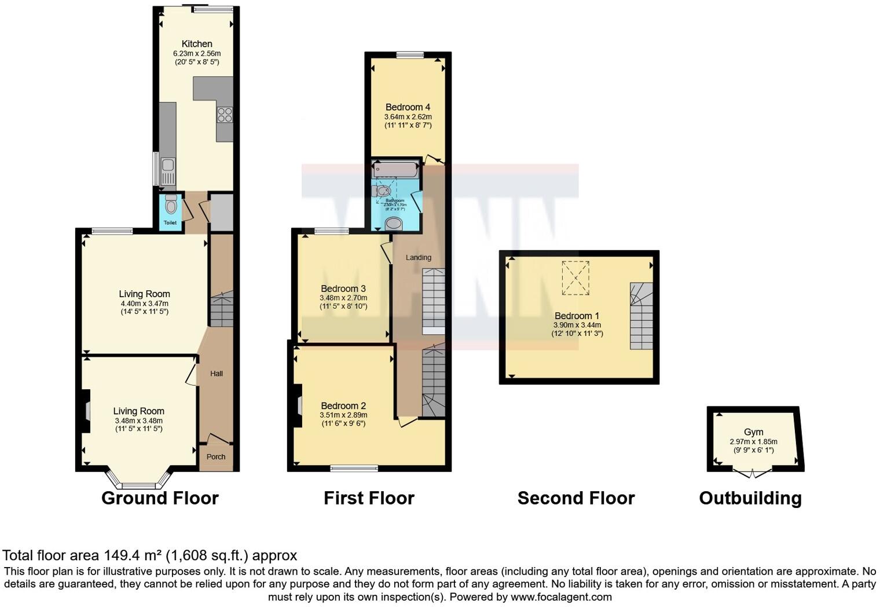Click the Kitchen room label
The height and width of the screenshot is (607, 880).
tap(197, 44)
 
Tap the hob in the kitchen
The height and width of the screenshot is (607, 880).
tap(225, 115)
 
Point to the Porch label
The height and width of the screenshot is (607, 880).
tap(216, 457)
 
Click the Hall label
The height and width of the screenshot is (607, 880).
tap(217, 374)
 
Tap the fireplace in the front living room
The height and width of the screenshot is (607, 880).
tap(86, 411)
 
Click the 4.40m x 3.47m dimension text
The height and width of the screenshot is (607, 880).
tap(144, 303)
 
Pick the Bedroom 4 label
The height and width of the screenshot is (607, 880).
tap(408, 107)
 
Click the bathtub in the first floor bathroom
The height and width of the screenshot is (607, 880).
tap(395, 170)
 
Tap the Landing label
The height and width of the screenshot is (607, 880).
tap(418, 258)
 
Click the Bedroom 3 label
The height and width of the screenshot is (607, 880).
tap(343, 289)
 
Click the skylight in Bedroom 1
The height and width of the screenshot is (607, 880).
tap(575, 277)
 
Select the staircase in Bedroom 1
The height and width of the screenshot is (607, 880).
tap(641, 316)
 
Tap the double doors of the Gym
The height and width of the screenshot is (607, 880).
tap(752, 474)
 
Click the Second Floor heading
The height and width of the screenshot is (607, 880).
tap(576, 498)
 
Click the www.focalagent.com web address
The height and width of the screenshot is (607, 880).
tap(561, 597)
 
